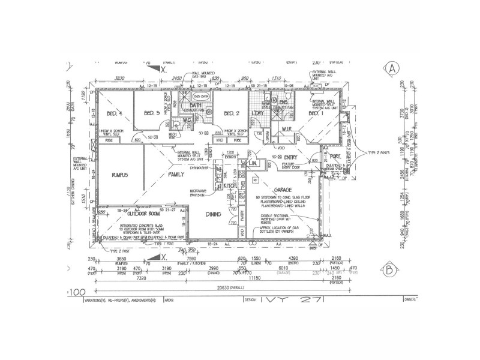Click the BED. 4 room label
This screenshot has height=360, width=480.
click(x=115, y=113)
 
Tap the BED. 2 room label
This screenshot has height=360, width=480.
click(x=232, y=113)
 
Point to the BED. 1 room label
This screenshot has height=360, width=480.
click(x=316, y=113)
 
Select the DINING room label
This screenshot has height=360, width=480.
click(x=214, y=214)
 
